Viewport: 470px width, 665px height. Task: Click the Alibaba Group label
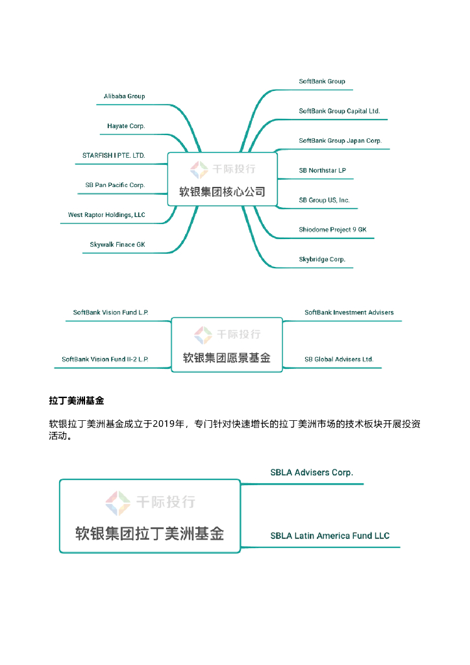click(124, 96)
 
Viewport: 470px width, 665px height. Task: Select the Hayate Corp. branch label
click(126, 126)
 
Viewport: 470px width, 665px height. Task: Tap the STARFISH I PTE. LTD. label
click(114, 156)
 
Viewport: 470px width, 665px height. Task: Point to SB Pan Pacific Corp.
click(115, 185)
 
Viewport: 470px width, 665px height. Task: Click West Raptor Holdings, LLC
click(106, 215)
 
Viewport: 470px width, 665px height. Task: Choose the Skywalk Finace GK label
click(117, 245)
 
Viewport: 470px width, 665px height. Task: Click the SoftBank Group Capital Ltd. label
click(339, 111)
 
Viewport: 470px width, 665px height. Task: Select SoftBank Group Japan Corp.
click(340, 141)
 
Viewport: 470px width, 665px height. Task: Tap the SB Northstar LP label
click(322, 171)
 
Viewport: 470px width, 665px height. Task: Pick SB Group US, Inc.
click(324, 200)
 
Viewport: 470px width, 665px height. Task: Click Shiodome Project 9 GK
click(332, 230)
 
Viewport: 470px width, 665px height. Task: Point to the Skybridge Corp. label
click(322, 259)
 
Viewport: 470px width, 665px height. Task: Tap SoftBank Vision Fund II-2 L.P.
click(105, 359)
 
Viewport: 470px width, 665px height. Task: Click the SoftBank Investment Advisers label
click(349, 312)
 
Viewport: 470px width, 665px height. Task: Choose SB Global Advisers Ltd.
click(339, 359)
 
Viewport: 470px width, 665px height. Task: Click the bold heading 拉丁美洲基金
click(77, 401)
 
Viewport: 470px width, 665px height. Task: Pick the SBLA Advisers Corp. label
click(312, 473)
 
